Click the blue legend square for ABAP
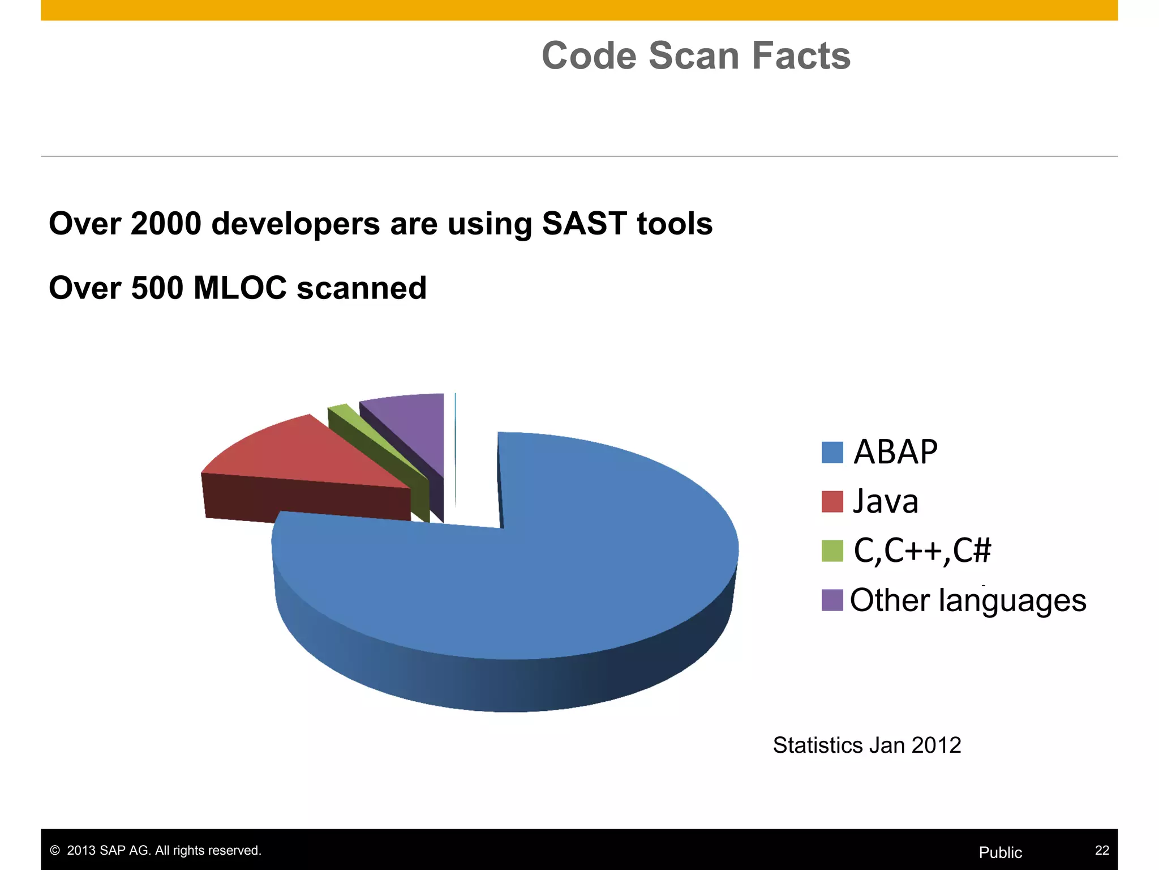click(x=832, y=453)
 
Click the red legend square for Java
click(x=832, y=502)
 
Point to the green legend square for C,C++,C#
click(x=832, y=551)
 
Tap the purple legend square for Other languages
click(x=832, y=600)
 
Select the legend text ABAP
click(x=895, y=453)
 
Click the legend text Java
click(x=886, y=502)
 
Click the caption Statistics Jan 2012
click(x=867, y=745)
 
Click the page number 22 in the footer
click(x=1102, y=850)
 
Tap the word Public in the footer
click(x=1001, y=852)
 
